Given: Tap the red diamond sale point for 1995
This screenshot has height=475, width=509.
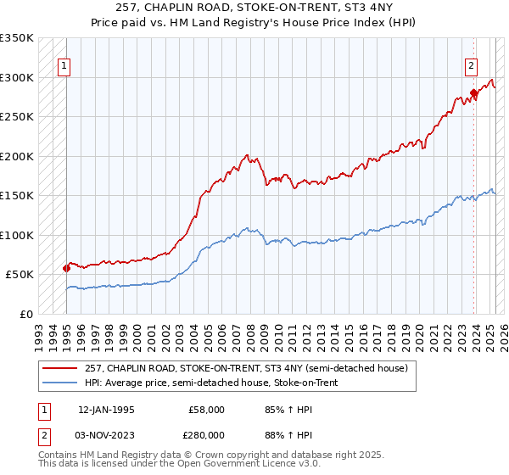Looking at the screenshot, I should click(66, 268).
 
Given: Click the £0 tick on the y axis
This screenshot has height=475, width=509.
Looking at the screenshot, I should click(27, 314).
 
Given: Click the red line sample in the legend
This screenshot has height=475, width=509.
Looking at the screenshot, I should click(60, 368).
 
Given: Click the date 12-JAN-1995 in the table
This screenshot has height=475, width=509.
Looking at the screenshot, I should click(106, 410).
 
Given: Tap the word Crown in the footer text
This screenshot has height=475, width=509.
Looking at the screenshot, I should click(215, 456).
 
